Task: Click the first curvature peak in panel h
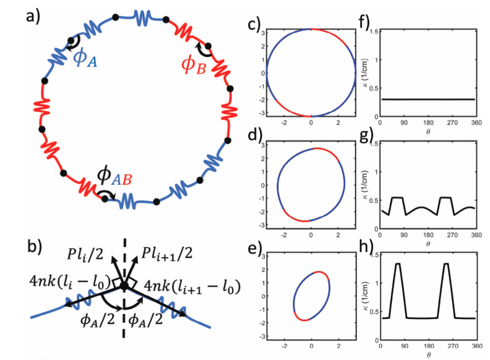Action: click(x=398, y=263)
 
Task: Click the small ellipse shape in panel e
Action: click(x=311, y=296)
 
